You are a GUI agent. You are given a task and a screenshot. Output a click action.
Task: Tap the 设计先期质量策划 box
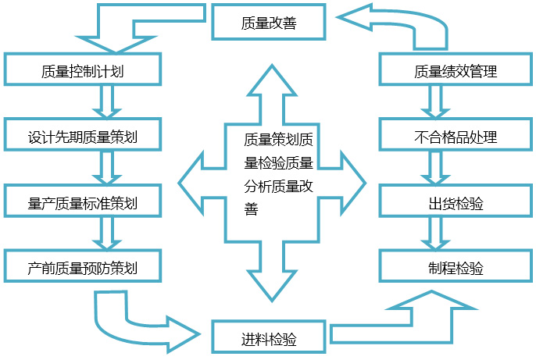click(x=83, y=137)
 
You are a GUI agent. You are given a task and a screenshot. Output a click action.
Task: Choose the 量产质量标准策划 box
click(x=83, y=203)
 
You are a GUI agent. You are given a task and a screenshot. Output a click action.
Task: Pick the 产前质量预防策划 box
click(x=83, y=268)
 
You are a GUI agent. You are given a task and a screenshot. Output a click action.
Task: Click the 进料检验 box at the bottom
click(x=269, y=338)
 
